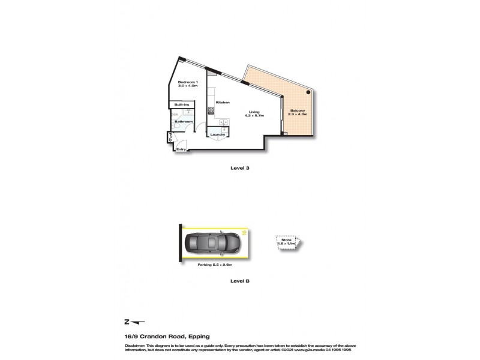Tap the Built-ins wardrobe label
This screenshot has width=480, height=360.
(x=182, y=106)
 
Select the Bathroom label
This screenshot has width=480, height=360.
(x=184, y=122)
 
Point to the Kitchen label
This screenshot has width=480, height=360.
(x=223, y=103)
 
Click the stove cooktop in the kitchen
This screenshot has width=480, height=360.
(x=211, y=110)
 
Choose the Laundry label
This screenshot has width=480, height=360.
(x=218, y=134)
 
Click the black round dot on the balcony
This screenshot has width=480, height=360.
(x=308, y=93)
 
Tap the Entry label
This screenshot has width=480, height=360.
(x=180, y=149)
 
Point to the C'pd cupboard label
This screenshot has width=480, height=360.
(x=170, y=139)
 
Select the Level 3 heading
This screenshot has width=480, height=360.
(x=239, y=168)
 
